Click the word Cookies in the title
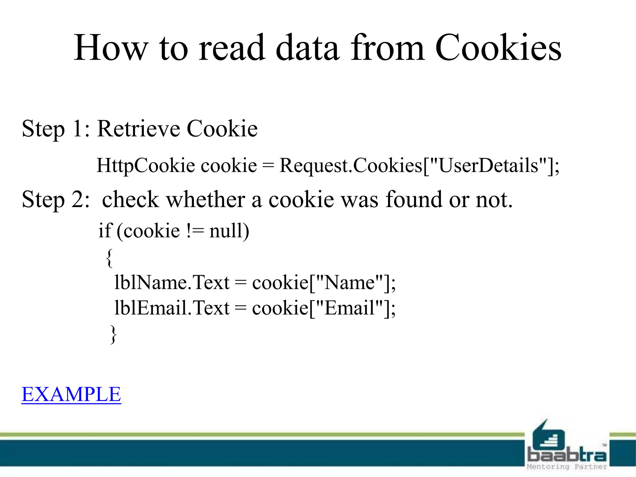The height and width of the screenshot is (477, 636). (498, 48)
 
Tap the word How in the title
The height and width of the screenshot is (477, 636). (111, 48)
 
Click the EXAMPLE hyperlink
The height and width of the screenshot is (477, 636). (71, 394)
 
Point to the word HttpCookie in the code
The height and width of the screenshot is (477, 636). (146, 166)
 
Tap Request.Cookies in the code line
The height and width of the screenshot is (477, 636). (351, 166)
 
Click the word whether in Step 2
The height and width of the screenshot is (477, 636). (206, 199)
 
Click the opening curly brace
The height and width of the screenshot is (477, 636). (109, 257)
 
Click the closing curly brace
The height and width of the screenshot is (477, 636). (114, 334)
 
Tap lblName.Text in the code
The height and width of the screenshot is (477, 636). (172, 283)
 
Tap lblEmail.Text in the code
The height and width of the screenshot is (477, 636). (172, 308)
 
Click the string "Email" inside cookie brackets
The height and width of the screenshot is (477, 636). (349, 308)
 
